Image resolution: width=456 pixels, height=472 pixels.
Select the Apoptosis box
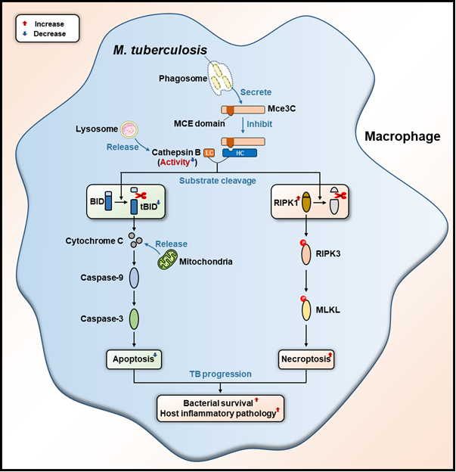135,359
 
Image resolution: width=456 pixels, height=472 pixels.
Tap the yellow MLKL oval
307,309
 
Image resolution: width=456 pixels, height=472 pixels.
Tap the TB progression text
221,373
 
